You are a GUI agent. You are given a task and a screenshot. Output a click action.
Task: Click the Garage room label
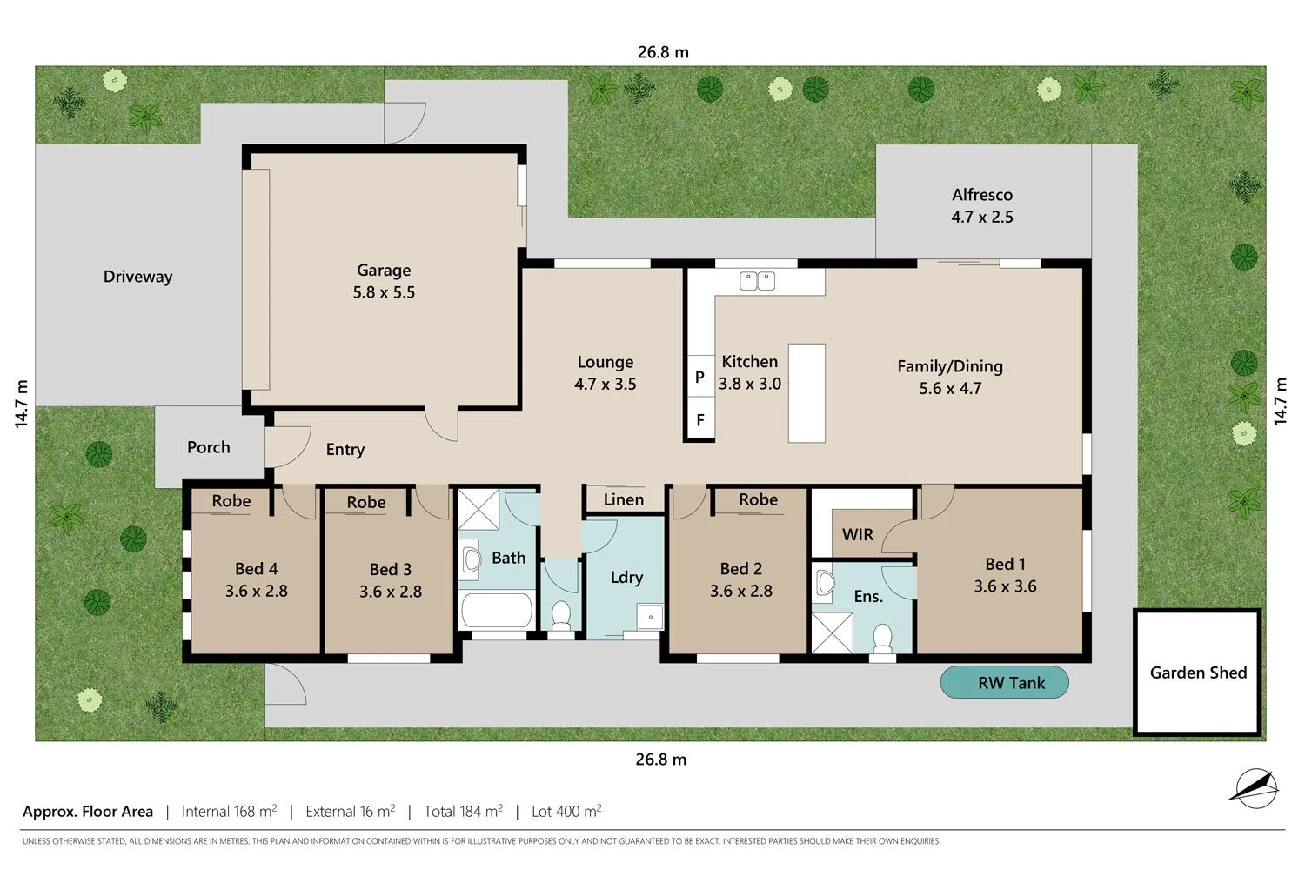point(384,271)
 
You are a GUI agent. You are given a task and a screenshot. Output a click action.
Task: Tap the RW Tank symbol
point(1004,683)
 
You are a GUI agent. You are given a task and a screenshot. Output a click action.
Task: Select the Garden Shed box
point(1197,672)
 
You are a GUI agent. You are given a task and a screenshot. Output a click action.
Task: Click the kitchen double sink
point(757,281)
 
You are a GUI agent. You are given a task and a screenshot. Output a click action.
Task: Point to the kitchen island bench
point(806,393)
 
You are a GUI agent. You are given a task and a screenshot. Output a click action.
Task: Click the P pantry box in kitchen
point(699,377)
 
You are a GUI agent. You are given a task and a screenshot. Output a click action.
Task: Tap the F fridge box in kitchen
point(699,420)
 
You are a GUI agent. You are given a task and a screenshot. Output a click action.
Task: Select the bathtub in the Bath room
point(497,611)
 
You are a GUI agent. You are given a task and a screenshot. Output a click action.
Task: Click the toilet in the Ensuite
point(883,637)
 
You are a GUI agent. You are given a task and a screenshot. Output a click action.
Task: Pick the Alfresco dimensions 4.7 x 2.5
point(982,217)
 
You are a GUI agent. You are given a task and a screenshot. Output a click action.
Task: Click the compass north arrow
point(1255,786)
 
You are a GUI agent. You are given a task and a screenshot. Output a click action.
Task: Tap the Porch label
point(209,447)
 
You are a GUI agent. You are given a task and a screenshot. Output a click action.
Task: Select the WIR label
point(857,534)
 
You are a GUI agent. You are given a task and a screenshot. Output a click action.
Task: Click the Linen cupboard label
point(624,499)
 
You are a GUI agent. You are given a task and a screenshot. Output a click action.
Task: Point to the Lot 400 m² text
point(566,812)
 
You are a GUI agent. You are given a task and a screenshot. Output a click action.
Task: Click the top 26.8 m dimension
point(663,52)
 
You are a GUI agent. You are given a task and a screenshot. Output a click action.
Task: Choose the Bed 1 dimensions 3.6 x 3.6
point(1005,586)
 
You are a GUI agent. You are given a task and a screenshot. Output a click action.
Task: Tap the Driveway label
point(137,277)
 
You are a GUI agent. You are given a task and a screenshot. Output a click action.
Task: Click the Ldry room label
point(626,577)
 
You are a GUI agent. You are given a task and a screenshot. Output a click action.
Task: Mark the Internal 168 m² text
point(229,812)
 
